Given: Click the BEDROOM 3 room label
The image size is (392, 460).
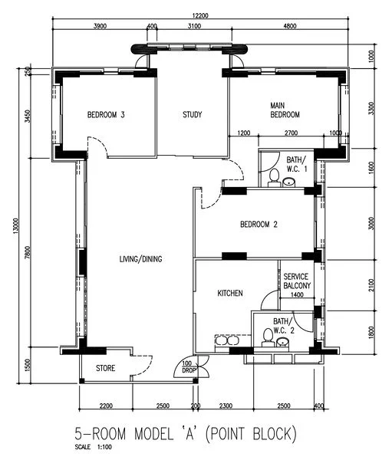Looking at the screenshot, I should [x=106, y=116].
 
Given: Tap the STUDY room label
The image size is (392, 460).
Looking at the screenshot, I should [x=192, y=116].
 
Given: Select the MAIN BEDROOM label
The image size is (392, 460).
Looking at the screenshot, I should [x=285, y=110].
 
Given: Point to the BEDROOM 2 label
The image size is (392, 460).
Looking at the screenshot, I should [x=259, y=225].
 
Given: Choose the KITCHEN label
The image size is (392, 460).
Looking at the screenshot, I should [x=229, y=294].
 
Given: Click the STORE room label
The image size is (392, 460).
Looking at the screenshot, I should [x=106, y=369].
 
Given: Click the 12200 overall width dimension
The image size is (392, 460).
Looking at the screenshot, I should [x=201, y=15].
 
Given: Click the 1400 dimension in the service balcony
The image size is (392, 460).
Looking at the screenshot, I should [x=296, y=294].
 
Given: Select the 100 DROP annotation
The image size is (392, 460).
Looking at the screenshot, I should [x=188, y=367].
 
